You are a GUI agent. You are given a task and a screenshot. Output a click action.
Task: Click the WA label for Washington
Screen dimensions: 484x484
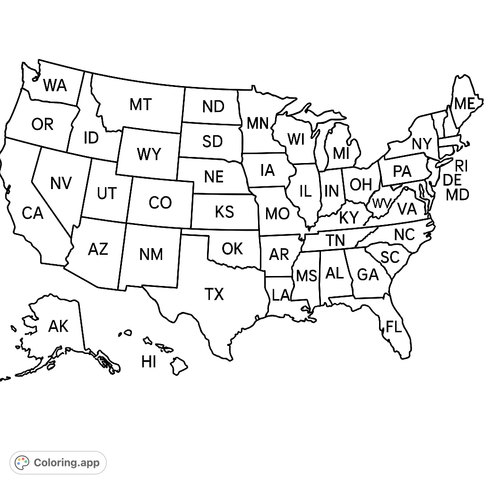55,86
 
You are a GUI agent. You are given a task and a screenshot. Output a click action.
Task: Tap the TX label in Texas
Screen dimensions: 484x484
214,294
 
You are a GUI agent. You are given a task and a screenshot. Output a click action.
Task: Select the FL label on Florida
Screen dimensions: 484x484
394,327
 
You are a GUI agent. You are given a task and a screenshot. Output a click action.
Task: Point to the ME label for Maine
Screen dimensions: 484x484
464,104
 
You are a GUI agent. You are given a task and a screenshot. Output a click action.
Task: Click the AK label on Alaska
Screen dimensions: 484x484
58,326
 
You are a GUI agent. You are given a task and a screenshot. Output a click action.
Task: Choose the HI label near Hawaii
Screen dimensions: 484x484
148,362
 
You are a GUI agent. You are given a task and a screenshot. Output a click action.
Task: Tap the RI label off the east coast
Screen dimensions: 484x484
461,166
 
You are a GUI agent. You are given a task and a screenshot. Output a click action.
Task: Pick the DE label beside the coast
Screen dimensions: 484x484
452,180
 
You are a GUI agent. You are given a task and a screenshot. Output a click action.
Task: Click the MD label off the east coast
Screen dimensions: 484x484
457,194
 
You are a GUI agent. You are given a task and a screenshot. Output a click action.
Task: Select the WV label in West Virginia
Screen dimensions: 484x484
381,204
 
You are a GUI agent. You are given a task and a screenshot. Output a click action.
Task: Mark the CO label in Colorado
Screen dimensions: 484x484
160,203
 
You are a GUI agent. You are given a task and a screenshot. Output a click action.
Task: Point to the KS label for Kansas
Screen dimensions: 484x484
224,212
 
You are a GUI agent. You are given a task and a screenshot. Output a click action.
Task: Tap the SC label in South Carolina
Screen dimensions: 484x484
390,258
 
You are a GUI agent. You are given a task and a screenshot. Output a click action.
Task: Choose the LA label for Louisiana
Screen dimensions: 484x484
281,295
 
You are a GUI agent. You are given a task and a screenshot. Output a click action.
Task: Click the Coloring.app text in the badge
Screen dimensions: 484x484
67,462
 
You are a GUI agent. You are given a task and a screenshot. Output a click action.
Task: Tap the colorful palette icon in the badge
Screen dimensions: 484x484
22,462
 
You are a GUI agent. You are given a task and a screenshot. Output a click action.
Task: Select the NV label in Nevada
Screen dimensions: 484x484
61,183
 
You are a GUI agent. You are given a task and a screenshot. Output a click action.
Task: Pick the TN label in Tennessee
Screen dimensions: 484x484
335,241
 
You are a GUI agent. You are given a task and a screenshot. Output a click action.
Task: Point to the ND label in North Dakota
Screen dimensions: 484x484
213,107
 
